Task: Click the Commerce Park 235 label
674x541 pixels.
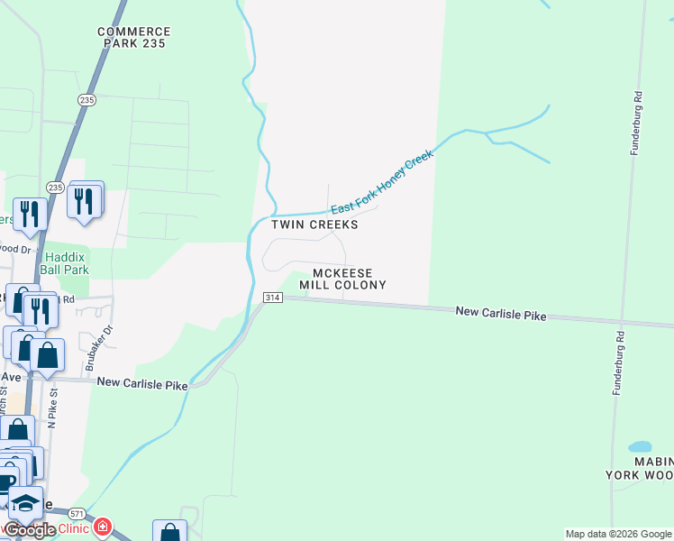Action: [x=134, y=37]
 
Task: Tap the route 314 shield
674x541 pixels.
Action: [x=272, y=298]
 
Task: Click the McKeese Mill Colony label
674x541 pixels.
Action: [x=349, y=279]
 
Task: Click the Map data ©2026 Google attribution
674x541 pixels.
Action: [x=618, y=534]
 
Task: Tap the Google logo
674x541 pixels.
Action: [x=30, y=530]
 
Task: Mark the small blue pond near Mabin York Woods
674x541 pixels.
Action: [x=640, y=447]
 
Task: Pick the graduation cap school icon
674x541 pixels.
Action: [x=25, y=503]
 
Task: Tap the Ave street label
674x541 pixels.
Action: [x=10, y=377]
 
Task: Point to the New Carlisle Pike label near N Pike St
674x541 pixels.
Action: [x=142, y=384]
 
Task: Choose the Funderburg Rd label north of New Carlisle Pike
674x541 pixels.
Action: [x=636, y=123]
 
